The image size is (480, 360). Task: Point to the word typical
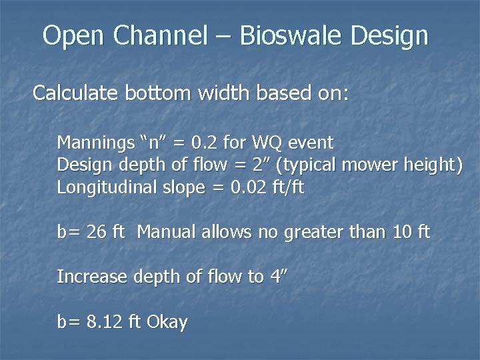point(317,165)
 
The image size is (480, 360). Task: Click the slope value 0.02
point(248,188)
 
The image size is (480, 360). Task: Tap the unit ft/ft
point(287,188)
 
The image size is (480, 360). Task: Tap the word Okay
point(167,323)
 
